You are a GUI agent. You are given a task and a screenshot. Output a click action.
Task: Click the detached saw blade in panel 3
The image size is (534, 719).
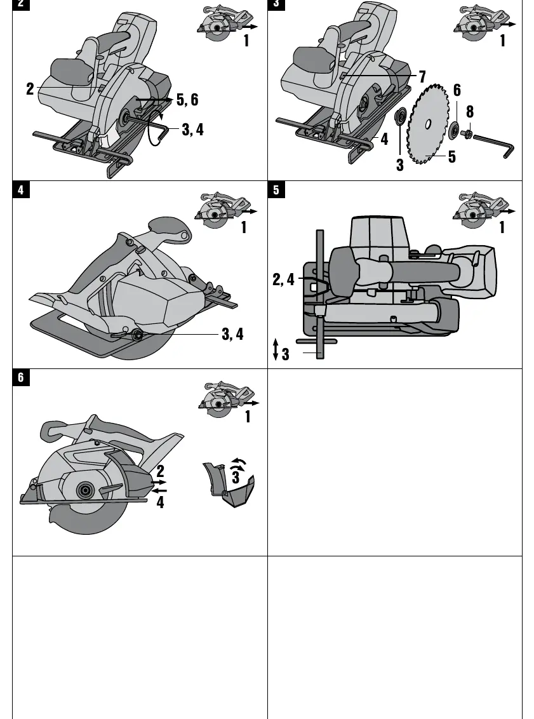click(428, 124)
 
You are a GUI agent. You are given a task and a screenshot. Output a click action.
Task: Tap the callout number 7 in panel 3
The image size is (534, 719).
click(422, 77)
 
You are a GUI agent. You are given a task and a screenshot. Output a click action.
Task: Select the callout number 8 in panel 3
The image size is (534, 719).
click(470, 111)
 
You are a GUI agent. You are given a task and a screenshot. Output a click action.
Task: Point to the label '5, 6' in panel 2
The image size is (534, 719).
click(187, 100)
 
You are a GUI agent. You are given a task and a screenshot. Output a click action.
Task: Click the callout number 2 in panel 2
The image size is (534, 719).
click(30, 89)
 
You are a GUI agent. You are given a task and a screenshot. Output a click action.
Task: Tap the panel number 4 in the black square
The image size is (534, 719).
click(20, 189)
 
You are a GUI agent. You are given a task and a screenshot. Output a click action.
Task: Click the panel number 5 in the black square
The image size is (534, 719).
click(276, 189)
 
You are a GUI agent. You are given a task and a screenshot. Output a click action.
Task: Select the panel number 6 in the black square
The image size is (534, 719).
click(20, 377)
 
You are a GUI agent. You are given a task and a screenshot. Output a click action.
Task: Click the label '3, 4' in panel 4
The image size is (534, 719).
click(232, 334)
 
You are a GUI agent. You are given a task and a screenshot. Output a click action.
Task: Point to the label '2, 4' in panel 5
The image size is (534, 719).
click(284, 279)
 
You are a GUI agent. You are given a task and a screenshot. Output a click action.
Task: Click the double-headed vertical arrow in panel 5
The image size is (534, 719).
click(276, 349)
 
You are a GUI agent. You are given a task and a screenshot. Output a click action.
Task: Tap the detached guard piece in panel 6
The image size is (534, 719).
click(229, 485)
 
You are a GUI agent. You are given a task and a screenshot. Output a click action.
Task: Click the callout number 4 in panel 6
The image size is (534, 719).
click(160, 502)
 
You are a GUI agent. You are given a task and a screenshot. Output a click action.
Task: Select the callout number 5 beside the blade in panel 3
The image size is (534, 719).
click(452, 157)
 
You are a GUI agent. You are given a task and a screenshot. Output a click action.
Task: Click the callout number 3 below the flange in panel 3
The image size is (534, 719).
click(399, 165)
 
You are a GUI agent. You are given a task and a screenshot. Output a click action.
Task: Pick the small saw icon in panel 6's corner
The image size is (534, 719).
click(227, 398)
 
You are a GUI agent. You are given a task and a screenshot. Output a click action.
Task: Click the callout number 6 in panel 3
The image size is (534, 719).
click(457, 90)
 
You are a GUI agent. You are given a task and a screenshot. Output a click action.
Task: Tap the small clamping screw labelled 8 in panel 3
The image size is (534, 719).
click(467, 133)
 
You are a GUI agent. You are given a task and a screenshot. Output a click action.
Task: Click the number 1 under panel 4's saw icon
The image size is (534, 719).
click(244, 227)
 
